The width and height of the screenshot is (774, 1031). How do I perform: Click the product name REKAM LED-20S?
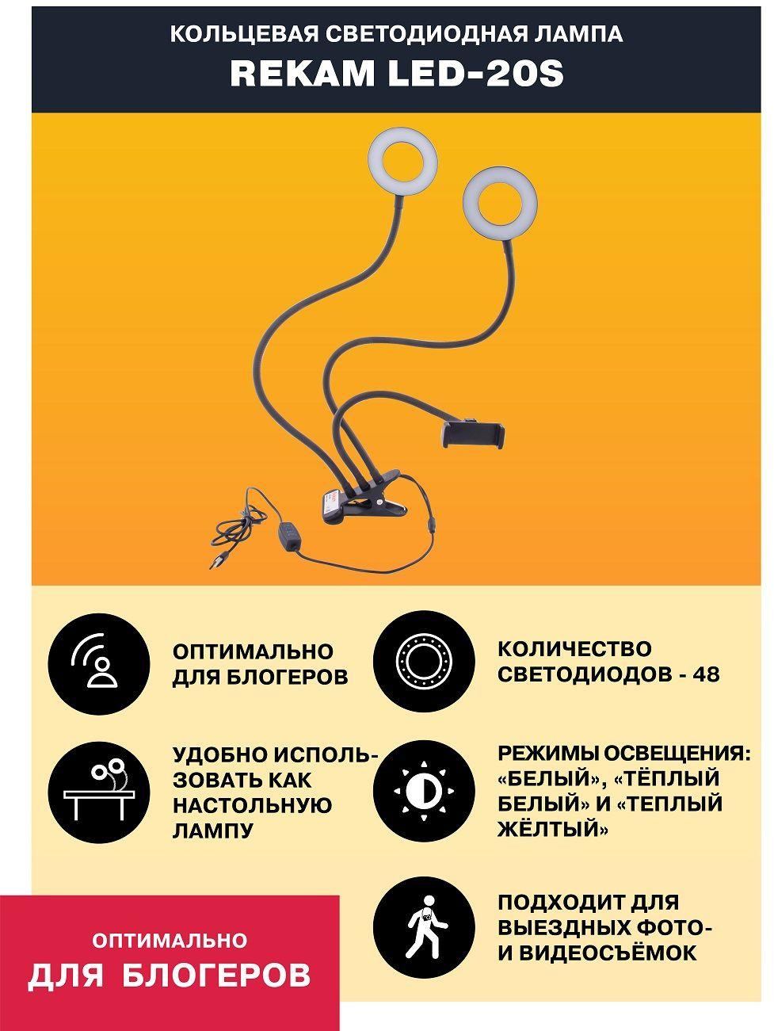point(397,74)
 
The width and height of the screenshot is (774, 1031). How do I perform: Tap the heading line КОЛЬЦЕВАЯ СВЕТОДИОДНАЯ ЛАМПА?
point(397,34)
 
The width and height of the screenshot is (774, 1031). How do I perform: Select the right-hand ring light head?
point(499,204)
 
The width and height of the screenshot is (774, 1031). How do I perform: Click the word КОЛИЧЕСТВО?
point(574,649)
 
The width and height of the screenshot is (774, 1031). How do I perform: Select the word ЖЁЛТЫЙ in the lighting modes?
point(552,828)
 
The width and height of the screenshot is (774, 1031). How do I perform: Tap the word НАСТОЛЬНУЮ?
point(253,804)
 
